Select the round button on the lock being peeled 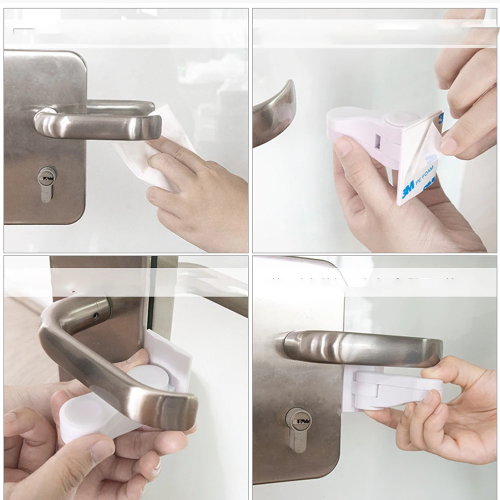[x=402, y=119]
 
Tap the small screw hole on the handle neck [x=95, y=316]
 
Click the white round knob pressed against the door [x=149, y=377]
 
